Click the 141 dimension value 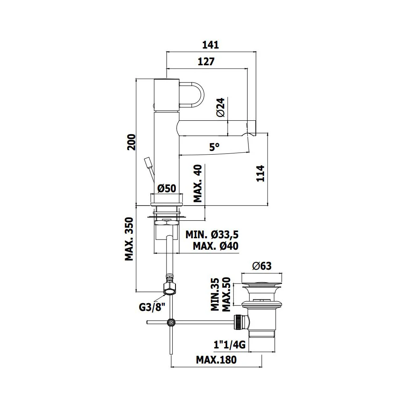click(x=211, y=45)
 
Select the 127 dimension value click(x=206, y=62)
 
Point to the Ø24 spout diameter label click(x=221, y=107)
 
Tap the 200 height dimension click(x=131, y=142)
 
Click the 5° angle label click(x=215, y=147)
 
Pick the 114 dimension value click(x=260, y=173)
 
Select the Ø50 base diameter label click(x=167, y=188)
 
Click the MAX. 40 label click(x=198, y=184)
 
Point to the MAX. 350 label click(x=129, y=239)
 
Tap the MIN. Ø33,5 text click(x=212, y=235)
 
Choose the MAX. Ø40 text click(x=215, y=246)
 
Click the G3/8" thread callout click(x=152, y=307)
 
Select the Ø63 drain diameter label click(x=262, y=266)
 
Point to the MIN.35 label click(x=215, y=294)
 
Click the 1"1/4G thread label click(x=229, y=345)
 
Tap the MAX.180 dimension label click(x=216, y=360)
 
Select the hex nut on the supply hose click(x=169, y=288)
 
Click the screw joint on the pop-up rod click(x=171, y=322)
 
